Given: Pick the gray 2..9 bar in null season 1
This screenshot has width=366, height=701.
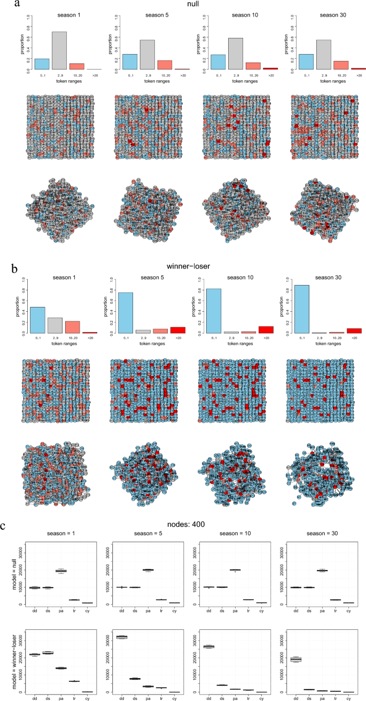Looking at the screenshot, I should point(60,51).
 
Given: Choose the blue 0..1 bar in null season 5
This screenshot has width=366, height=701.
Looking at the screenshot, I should point(129,62).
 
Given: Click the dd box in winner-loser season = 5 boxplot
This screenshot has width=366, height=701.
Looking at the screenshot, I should point(122,637).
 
